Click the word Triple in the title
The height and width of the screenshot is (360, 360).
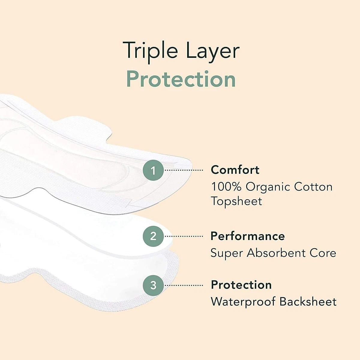click(x=150, y=52)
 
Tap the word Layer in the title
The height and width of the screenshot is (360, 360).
click(x=213, y=52)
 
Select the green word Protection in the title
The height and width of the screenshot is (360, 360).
click(x=181, y=79)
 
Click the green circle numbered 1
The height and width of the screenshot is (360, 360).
click(x=153, y=170)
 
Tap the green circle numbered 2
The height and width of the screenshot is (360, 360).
click(x=153, y=236)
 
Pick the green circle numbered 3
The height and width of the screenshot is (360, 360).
click(x=153, y=285)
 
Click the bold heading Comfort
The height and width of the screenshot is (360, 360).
click(x=235, y=169)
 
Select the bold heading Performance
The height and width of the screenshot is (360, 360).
click(x=248, y=236)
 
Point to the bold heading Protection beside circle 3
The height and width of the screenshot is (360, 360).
click(x=241, y=285)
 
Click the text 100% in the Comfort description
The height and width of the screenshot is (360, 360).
click(x=226, y=187)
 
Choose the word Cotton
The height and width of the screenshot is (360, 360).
click(x=313, y=187)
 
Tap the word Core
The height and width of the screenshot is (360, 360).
click(x=323, y=253)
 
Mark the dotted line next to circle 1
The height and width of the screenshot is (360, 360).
click(x=184, y=170)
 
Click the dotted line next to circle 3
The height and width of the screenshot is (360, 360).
click(x=184, y=285)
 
